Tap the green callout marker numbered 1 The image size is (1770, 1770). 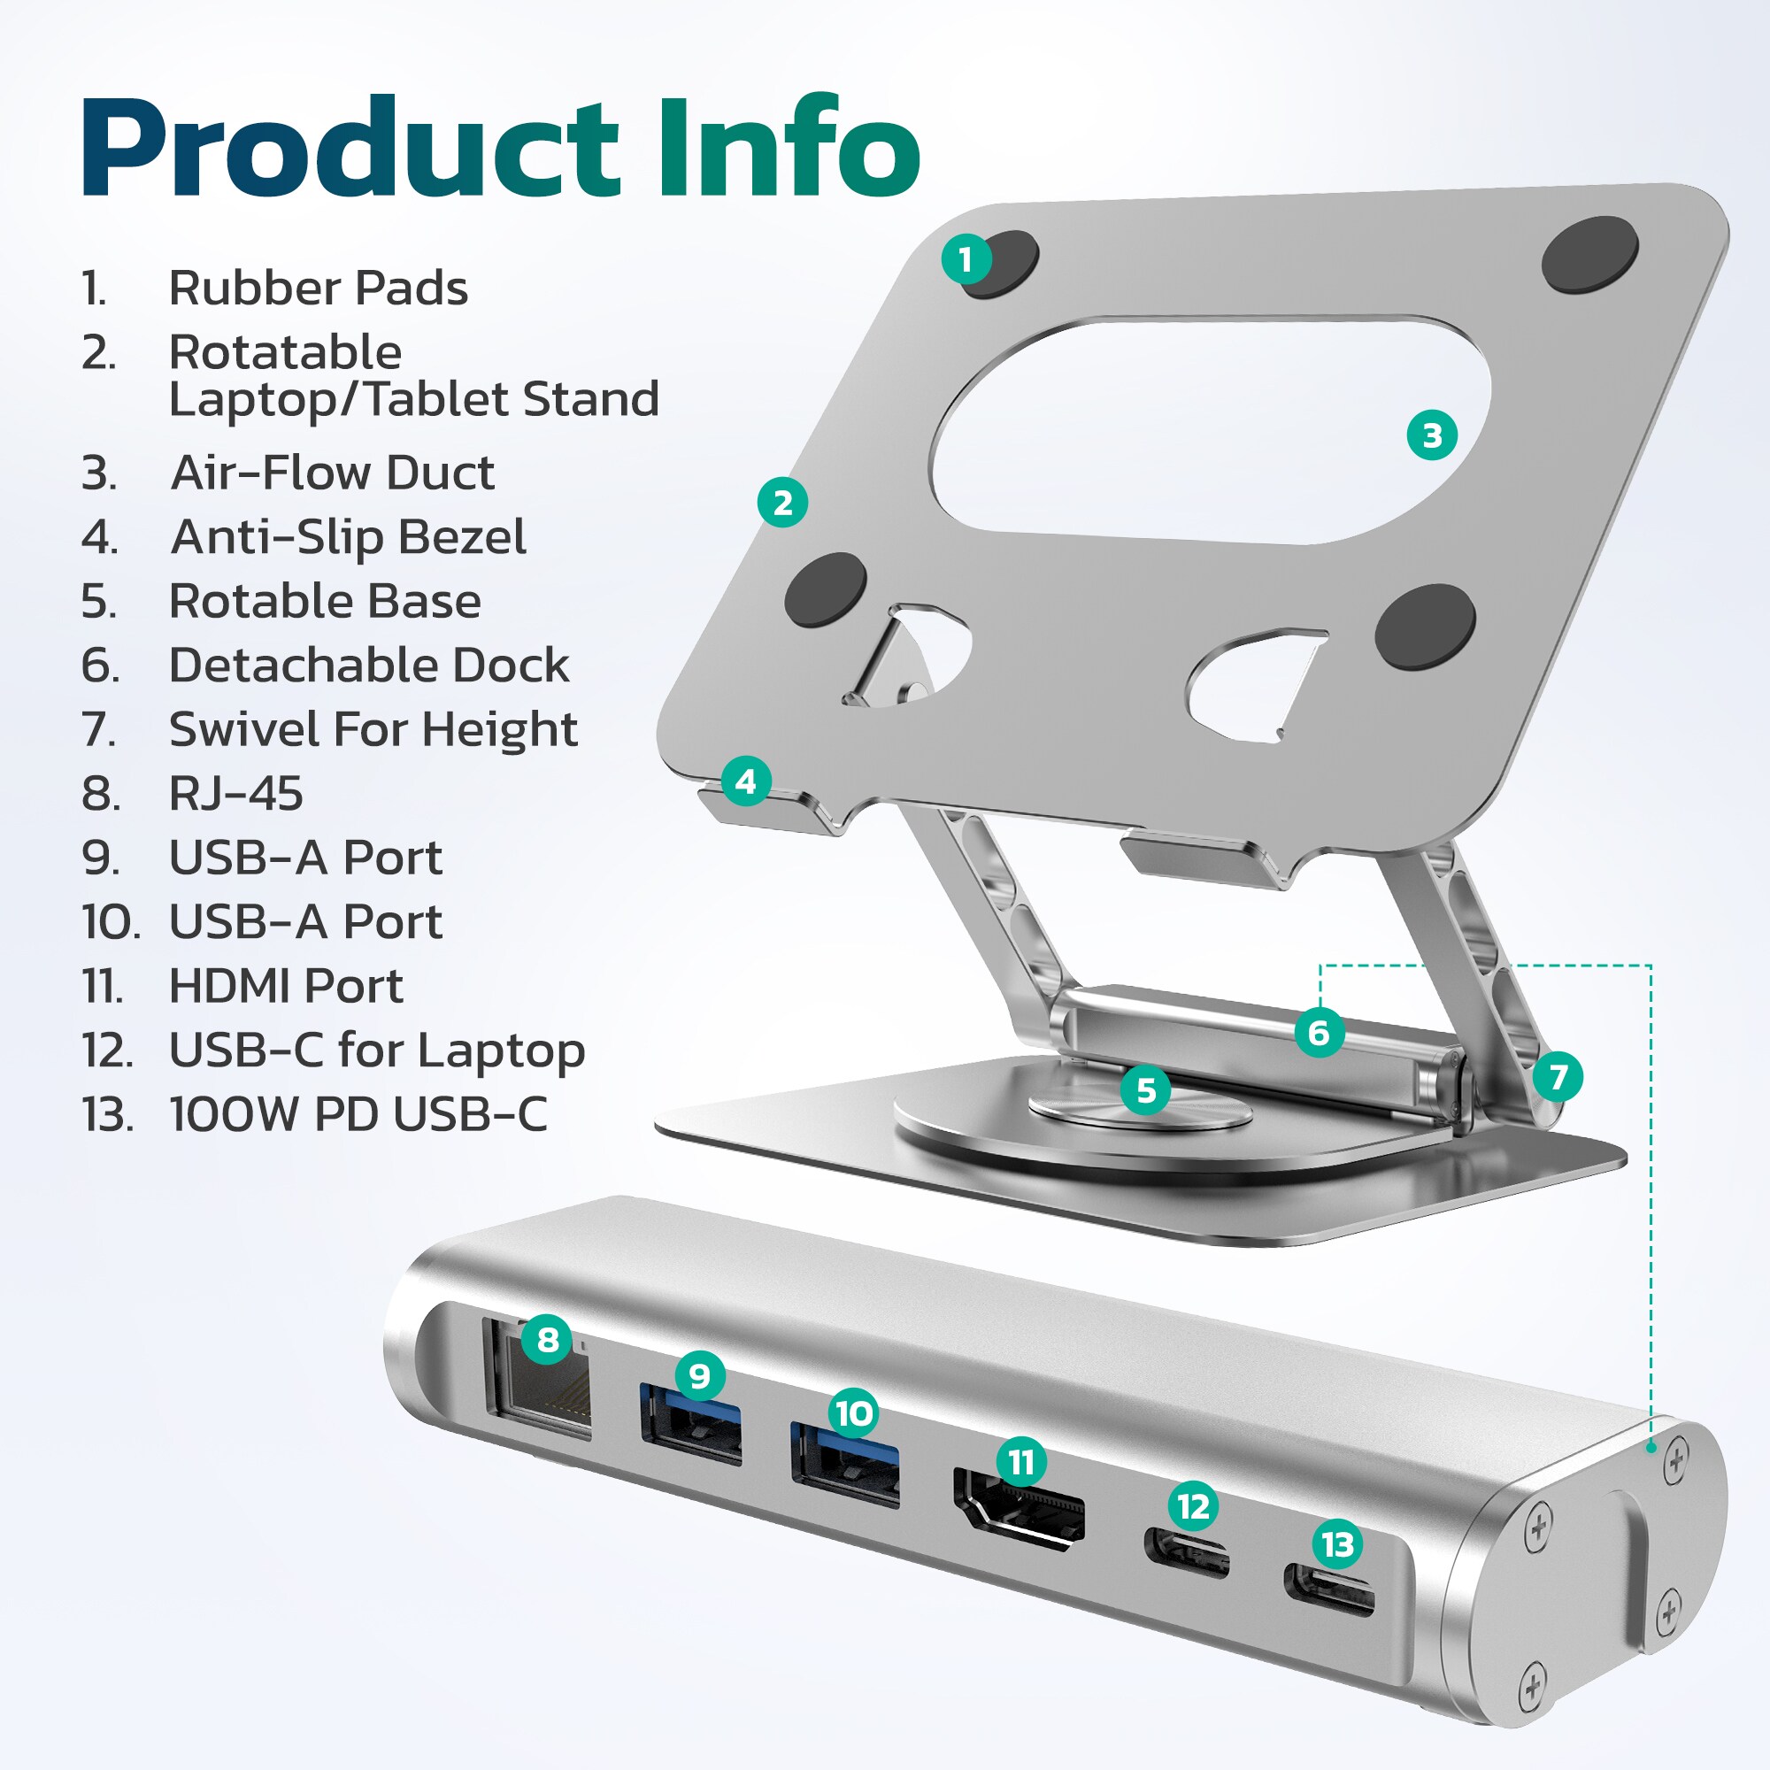click(966, 259)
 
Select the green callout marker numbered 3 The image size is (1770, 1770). click(1432, 435)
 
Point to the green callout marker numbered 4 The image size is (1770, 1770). click(746, 781)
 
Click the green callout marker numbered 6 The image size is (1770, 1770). click(1320, 1033)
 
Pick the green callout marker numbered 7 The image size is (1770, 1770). click(1558, 1076)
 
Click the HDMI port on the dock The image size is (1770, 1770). click(1019, 1510)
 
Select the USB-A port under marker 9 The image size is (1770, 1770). click(691, 1428)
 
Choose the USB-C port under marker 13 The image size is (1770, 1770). click(1329, 1590)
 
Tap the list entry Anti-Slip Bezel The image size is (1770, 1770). click(348, 537)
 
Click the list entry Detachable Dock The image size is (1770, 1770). click(368, 666)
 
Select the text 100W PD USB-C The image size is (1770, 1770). click(358, 1115)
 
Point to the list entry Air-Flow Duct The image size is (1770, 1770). click(333, 473)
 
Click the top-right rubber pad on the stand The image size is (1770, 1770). click(1589, 254)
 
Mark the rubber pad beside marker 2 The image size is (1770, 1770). click(826, 590)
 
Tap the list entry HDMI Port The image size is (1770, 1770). click(286, 987)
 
